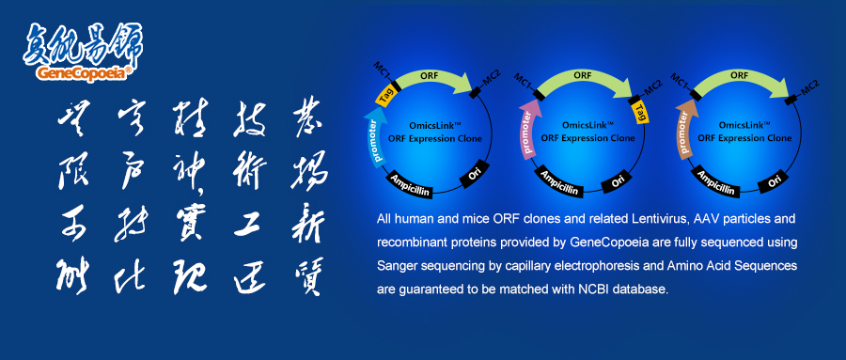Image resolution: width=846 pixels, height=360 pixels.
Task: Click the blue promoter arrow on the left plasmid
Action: coord(374,139)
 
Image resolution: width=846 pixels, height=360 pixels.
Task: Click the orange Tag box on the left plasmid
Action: coord(385,94)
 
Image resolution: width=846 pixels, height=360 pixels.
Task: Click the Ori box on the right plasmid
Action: coord(775,180)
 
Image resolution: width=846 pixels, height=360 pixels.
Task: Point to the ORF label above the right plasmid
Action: coord(739,73)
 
